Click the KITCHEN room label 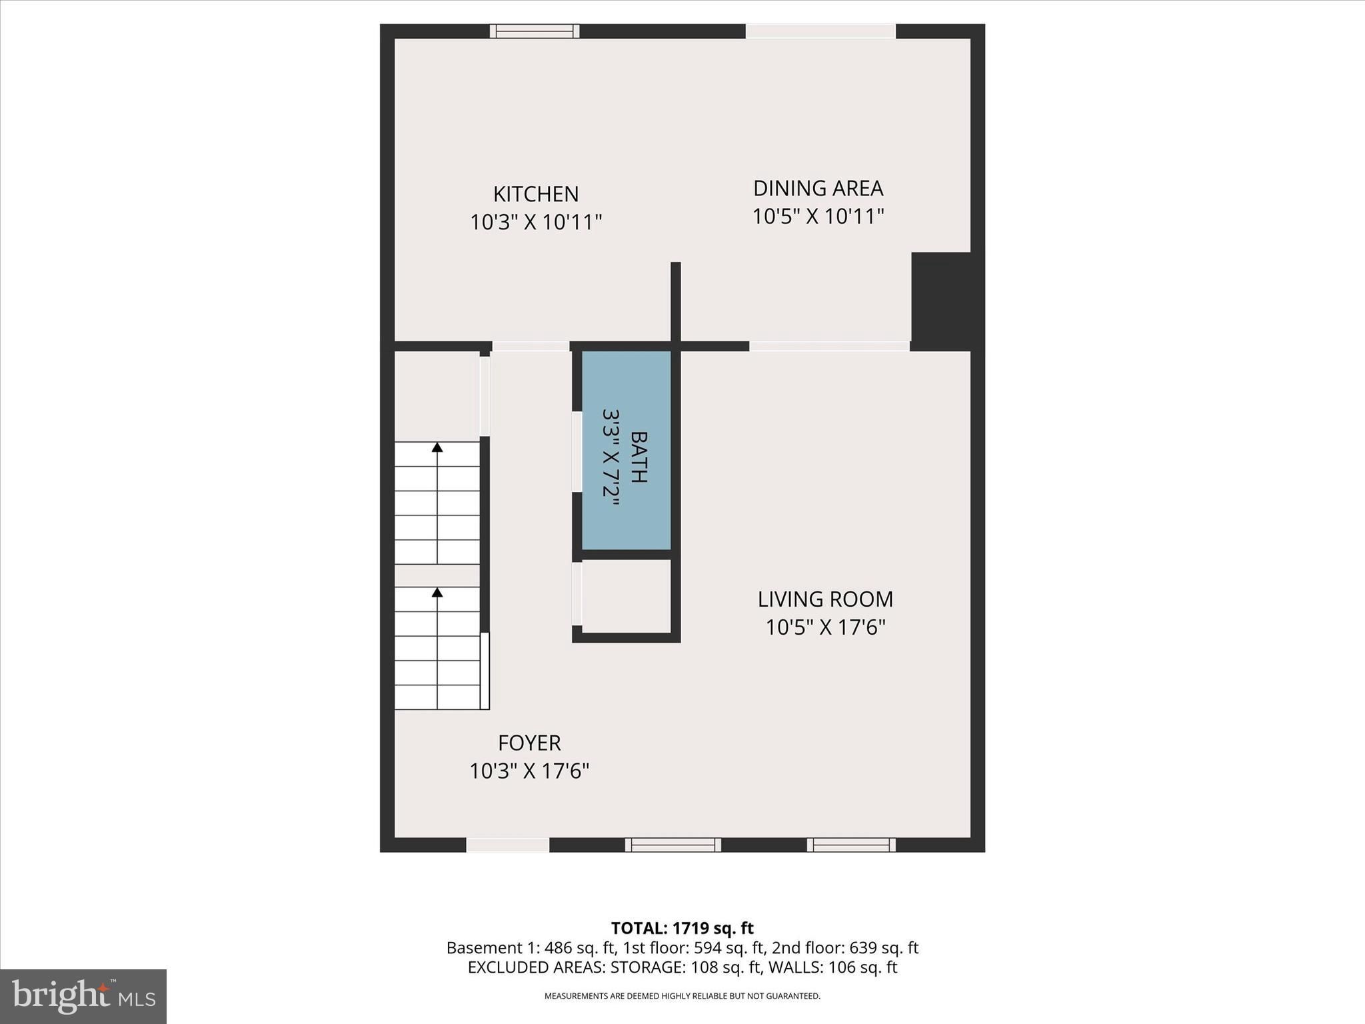pyautogui.click(x=536, y=194)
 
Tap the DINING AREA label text pyautogui.click(x=818, y=189)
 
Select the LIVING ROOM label pyautogui.click(x=825, y=599)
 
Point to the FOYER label pyautogui.click(x=529, y=743)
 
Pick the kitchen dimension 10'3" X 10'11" pyautogui.click(x=536, y=222)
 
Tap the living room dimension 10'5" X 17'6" pyautogui.click(x=825, y=627)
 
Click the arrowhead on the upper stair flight pyautogui.click(x=437, y=447)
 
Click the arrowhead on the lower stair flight pyautogui.click(x=437, y=592)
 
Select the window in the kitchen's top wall pyautogui.click(x=535, y=31)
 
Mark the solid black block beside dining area pyautogui.click(x=940, y=301)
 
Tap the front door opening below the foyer pyautogui.click(x=508, y=845)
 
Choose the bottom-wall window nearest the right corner pyautogui.click(x=851, y=845)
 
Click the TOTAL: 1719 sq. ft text pyautogui.click(x=682, y=928)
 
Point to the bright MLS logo pyautogui.click(x=83, y=996)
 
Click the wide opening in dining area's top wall pyautogui.click(x=820, y=31)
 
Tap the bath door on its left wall pyautogui.click(x=577, y=452)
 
